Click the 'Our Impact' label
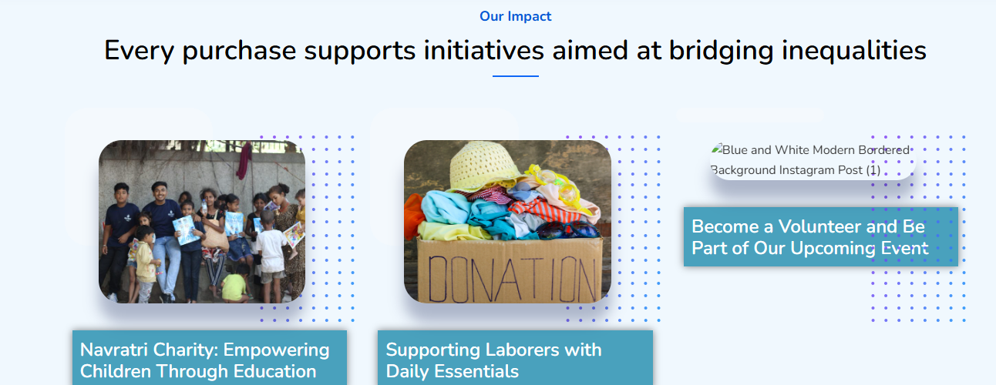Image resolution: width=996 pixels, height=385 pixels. tap(515, 16)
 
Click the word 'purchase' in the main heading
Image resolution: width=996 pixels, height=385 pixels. tap(239, 51)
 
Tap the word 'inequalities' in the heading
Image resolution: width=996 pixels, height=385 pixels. tap(854, 51)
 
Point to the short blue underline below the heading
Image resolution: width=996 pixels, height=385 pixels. tap(515, 76)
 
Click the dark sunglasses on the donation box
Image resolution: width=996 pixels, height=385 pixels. tap(568, 230)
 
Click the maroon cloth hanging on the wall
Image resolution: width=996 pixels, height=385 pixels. tap(244, 160)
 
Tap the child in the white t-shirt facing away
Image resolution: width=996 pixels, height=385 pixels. tap(270, 253)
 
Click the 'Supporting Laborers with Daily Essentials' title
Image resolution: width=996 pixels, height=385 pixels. tap(493, 360)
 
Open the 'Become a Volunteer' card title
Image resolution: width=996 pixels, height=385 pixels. tap(810, 237)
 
